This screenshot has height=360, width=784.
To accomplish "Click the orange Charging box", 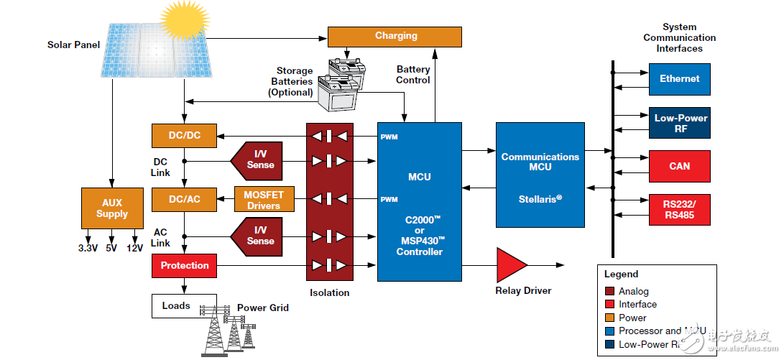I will pos(395,37).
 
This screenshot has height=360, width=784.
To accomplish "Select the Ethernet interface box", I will pos(679,79).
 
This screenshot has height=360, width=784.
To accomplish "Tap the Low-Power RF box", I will pos(679,123).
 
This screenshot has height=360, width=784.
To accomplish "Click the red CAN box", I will pos(679,166).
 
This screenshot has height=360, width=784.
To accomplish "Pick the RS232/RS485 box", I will pos(679,209).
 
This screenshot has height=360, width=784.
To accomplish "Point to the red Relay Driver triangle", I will pos(509,266).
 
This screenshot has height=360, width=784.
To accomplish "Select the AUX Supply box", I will pos(112,208).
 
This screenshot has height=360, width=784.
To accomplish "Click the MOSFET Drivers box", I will pos(264,199).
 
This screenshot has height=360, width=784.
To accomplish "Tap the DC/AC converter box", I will pos(184,199).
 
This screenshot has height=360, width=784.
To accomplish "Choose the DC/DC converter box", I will pos(184,136).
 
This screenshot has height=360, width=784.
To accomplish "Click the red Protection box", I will pos(184,265).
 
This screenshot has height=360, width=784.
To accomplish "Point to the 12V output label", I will pos(134,248).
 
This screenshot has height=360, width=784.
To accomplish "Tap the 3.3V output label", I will pos(88,248).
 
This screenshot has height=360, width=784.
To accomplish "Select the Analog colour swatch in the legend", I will pos(609,291).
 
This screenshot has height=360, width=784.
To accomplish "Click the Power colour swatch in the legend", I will pos(609,318).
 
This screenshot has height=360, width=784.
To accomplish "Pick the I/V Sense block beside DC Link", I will pos(258,160).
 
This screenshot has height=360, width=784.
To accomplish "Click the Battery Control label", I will pos(413,75).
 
